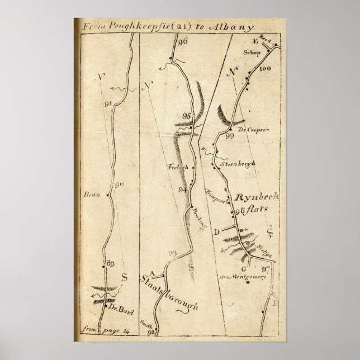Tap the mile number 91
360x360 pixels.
pos(108,102)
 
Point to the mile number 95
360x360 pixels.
pos(187,116)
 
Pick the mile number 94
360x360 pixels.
pos(182,190)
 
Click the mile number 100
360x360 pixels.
pos(265,68)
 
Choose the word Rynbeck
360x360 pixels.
pos(253,198)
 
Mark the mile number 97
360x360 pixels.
pos(265,269)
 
